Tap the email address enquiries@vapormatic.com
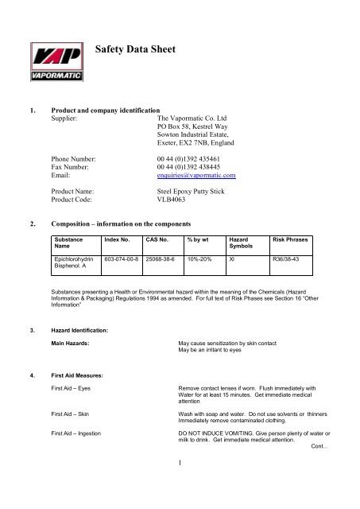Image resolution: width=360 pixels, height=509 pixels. click(191, 175)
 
